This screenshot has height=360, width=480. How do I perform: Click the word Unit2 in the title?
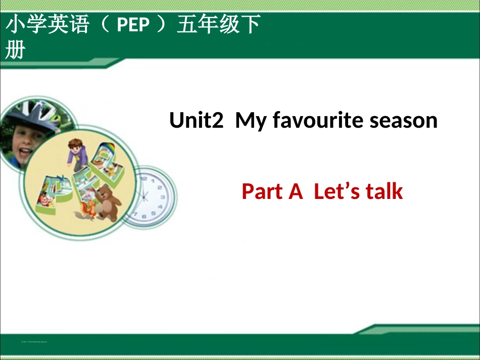[x=196, y=121]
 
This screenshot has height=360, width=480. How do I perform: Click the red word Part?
[x=264, y=192]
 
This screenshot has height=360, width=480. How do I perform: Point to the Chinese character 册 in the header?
[x=15, y=50]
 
